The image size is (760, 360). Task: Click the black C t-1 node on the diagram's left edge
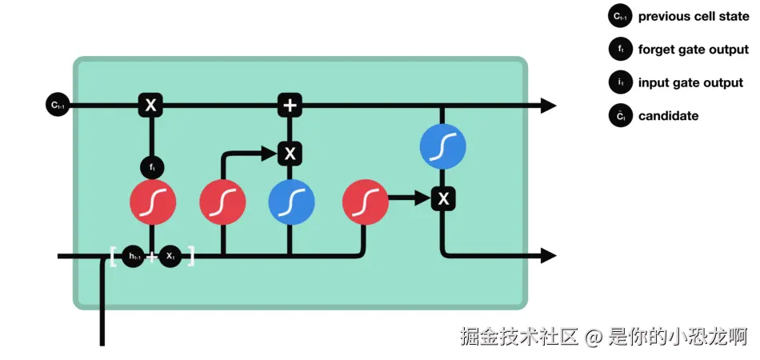click(58, 105)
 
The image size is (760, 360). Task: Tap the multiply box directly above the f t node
click(150, 105)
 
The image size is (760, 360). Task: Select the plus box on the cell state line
click(290, 105)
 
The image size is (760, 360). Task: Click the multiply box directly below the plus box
click(290, 153)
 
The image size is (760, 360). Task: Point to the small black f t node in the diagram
click(151, 168)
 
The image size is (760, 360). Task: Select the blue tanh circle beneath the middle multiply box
click(291, 201)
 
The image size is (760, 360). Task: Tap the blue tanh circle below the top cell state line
click(442, 146)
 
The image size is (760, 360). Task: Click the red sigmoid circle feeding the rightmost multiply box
click(365, 201)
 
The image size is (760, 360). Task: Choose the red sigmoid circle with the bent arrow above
click(222, 201)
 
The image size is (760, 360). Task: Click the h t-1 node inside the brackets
click(134, 257)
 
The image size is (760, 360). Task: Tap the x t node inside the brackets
click(170, 257)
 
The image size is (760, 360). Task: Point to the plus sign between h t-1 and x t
click(152, 257)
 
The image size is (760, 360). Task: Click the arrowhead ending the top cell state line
click(548, 105)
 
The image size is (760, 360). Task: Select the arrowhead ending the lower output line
click(548, 256)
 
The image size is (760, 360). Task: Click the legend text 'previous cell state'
click(693, 16)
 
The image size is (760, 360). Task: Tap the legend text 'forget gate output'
click(693, 50)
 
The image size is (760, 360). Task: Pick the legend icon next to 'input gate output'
click(620, 82)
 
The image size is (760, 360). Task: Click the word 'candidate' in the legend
click(668, 116)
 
